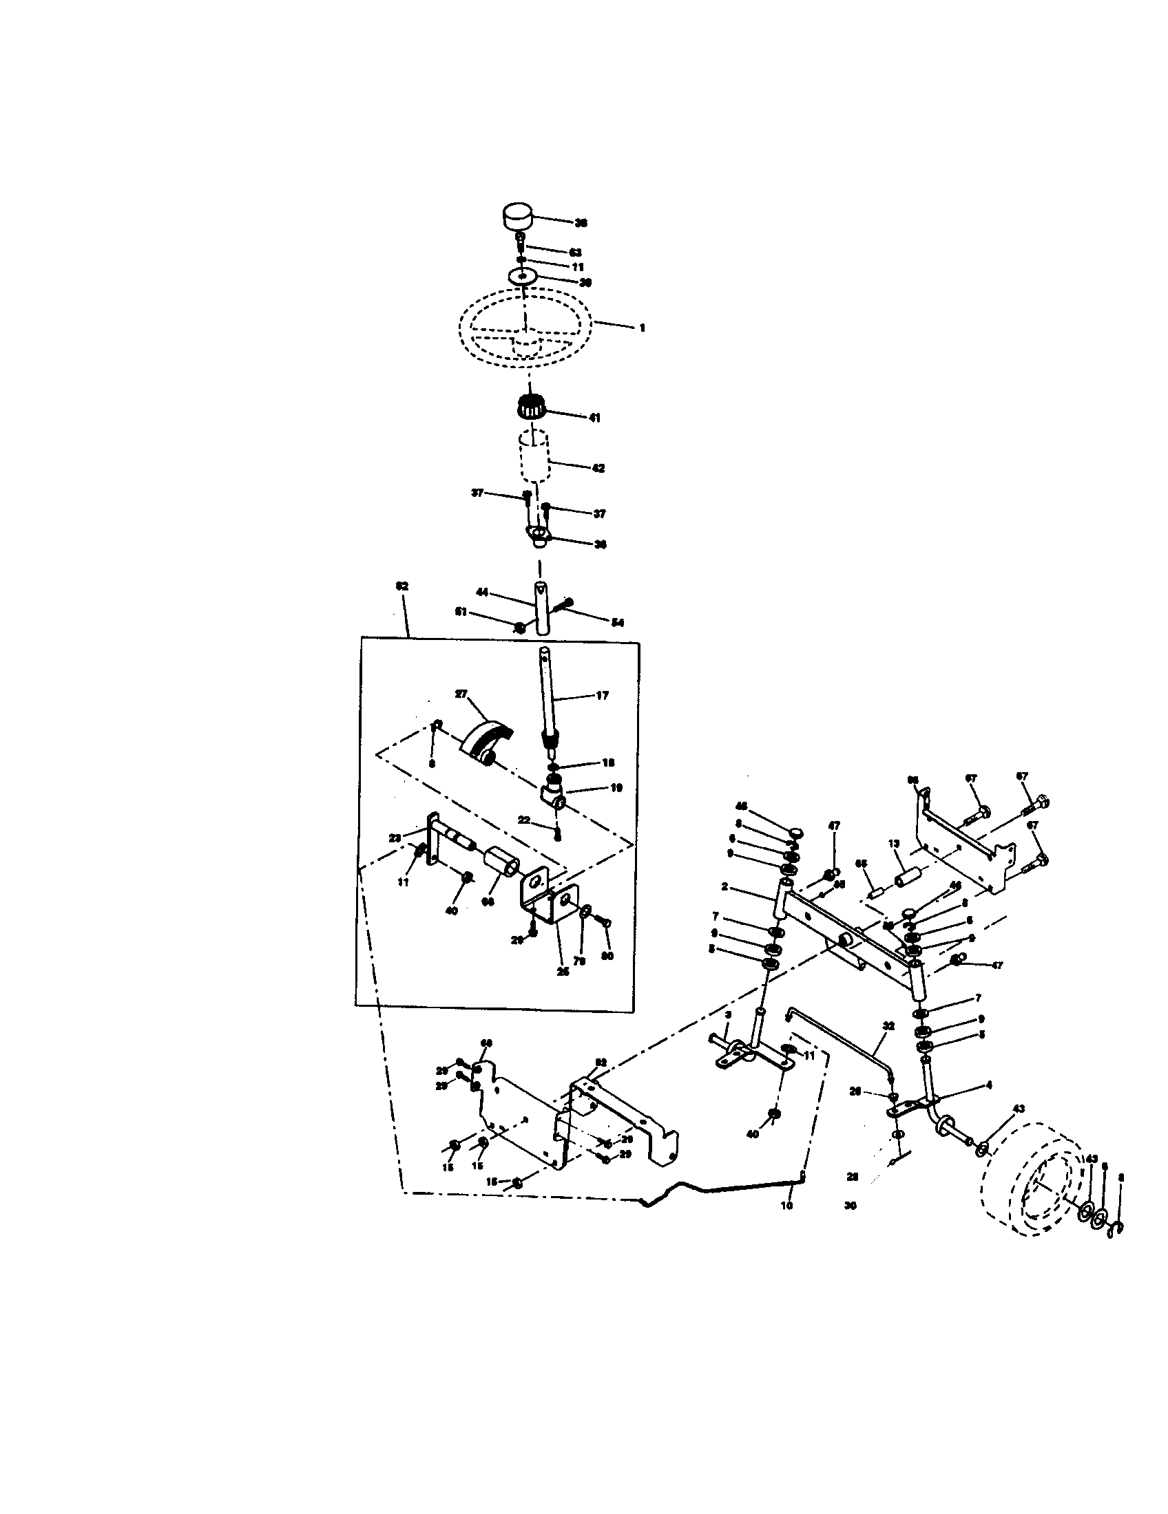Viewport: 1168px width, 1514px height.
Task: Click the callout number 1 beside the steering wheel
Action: pyautogui.click(x=642, y=328)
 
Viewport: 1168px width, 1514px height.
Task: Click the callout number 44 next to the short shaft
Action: pyautogui.click(x=483, y=592)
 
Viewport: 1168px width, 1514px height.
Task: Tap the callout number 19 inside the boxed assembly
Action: pyautogui.click(x=616, y=787)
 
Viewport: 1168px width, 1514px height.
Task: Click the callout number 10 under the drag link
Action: pyautogui.click(x=786, y=1206)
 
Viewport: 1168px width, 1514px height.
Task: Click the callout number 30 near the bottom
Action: pyautogui.click(x=851, y=1206)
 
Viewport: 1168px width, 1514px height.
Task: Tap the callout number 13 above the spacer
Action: pyautogui.click(x=893, y=844)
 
